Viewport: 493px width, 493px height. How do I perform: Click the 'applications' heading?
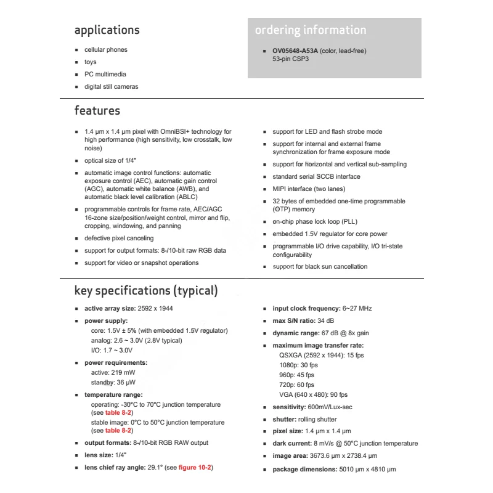pyautogui.click(x=107, y=30)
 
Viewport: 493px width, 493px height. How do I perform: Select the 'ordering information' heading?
pyautogui.click(x=310, y=30)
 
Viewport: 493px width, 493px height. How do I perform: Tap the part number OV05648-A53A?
pyautogui.click(x=295, y=51)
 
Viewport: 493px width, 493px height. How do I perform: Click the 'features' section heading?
pyautogui.click(x=97, y=111)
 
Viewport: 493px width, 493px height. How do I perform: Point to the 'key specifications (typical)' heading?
pyautogui.click(x=145, y=291)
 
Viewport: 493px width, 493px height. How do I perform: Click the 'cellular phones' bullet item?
pyautogui.click(x=105, y=49)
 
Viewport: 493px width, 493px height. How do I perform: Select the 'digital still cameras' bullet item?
pyautogui.click(x=111, y=86)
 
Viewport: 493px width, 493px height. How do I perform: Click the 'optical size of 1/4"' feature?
pyautogui.click(x=113, y=160)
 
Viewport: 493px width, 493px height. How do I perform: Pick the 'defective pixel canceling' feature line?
pyautogui.click(x=119, y=238)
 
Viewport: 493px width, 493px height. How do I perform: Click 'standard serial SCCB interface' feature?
pyautogui.click(x=316, y=176)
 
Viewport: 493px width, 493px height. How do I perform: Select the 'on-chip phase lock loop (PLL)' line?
pyautogui.click(x=315, y=221)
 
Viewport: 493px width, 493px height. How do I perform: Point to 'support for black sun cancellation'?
pyautogui.click(x=320, y=266)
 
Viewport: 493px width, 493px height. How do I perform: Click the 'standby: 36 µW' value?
pyautogui.click(x=114, y=382)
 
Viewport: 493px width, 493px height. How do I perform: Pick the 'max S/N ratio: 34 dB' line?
pyautogui.click(x=303, y=320)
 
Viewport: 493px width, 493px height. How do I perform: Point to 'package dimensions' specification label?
pyautogui.click(x=304, y=469)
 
